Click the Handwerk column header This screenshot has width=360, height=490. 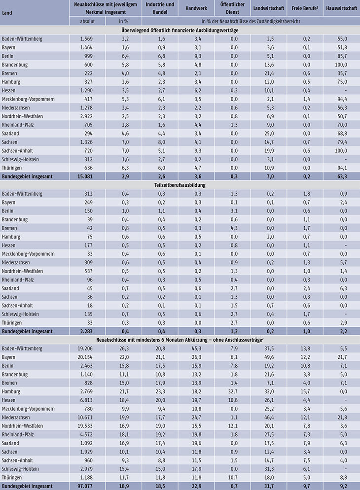196,8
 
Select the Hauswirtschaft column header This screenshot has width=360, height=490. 341,8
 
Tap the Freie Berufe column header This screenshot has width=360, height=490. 305,8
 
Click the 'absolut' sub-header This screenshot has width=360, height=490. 87,21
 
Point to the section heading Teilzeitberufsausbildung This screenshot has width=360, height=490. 180,185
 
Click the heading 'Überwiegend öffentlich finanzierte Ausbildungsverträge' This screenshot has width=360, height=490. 180,30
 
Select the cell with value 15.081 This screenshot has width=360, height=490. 85,176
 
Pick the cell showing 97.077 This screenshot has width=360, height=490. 85,486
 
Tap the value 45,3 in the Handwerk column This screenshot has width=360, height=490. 197,349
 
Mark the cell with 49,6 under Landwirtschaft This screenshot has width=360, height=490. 269,357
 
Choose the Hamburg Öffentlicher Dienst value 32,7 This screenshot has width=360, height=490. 233,391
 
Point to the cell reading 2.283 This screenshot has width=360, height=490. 86,332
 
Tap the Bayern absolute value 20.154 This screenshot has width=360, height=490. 85,357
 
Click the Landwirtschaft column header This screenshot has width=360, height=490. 269,8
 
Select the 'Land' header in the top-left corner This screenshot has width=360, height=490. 7,13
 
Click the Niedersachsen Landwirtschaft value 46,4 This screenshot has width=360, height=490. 269,418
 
